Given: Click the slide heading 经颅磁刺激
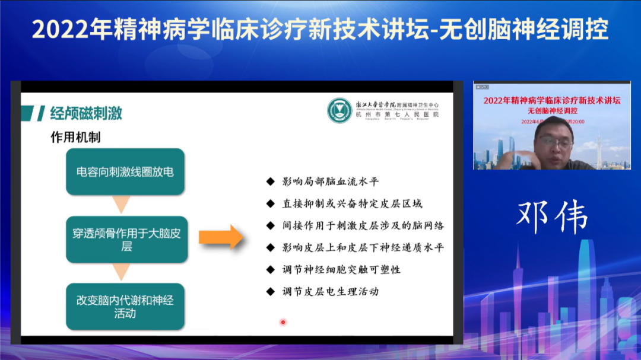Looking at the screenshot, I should coord(86,113).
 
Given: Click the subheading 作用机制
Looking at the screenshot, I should coord(75,138).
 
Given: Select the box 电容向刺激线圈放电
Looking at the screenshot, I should coord(125,172).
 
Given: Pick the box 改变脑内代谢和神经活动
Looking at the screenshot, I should coord(125,306).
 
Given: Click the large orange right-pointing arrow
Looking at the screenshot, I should coord(220,237).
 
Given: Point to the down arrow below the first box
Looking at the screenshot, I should coord(122,205).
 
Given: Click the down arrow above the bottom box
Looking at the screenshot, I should coord(122,272).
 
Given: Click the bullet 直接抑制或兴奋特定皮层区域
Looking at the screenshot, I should coord(352,203).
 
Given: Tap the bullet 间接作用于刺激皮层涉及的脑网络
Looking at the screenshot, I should coord(363,225).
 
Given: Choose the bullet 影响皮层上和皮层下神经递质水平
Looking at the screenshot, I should coord(363,247).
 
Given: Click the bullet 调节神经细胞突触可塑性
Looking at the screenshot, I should coord(341,269).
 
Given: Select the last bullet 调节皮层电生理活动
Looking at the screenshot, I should coord(330,291).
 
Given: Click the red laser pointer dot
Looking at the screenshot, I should coord(283,323).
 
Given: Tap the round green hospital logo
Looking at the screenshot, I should coord(339,111).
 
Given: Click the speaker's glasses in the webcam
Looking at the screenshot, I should coord(554,142).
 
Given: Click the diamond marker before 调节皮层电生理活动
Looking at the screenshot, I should coord(271,291).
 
